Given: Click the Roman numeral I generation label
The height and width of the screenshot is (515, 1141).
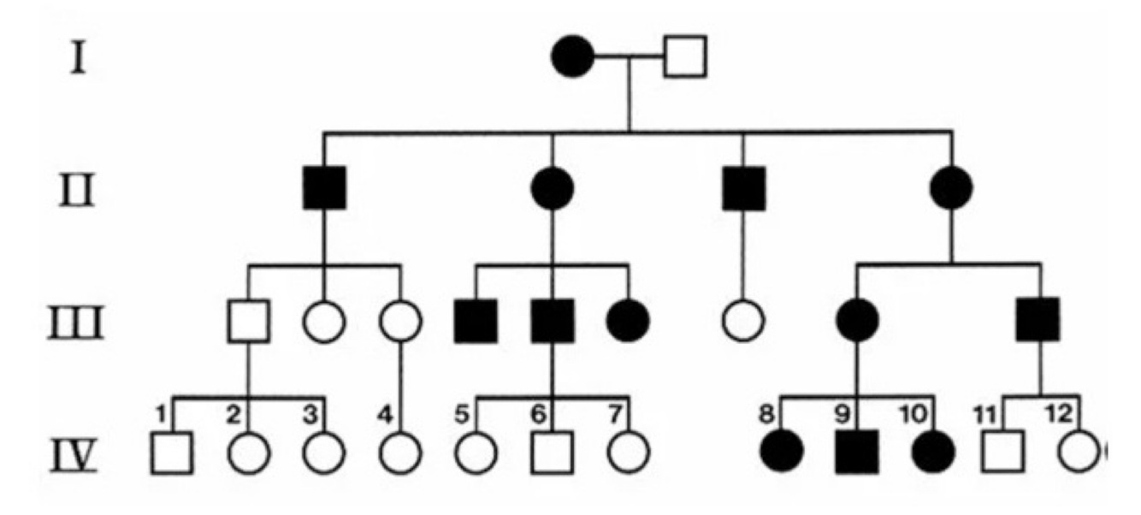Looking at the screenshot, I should pos(78,61).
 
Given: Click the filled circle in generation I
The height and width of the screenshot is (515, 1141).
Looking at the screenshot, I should pos(573,57).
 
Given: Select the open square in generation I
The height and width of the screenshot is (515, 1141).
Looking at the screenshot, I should pos(686,57).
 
